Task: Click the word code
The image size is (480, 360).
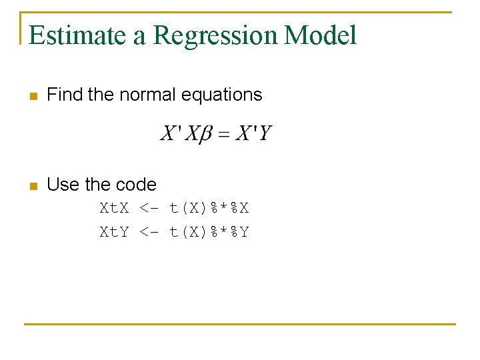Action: pyautogui.click(x=136, y=184)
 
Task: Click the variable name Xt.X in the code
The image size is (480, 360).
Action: pyautogui.click(x=115, y=208)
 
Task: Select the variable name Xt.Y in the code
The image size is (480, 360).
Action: pyautogui.click(x=115, y=232)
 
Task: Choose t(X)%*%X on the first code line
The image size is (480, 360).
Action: pyautogui.click(x=209, y=208)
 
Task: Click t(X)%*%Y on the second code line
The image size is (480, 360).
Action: pyautogui.click(x=209, y=232)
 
